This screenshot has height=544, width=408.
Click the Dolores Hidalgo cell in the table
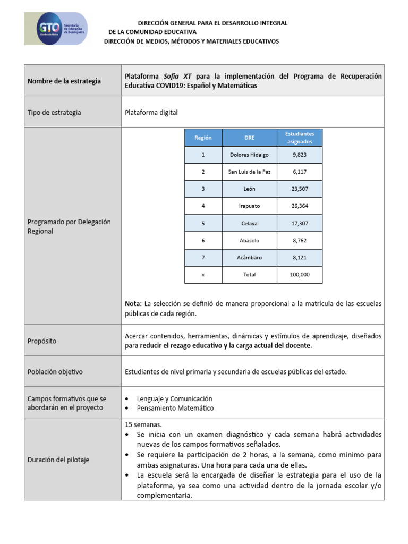(x=249, y=155)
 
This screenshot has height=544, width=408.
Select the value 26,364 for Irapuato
(x=300, y=206)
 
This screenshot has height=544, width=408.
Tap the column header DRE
(x=249, y=138)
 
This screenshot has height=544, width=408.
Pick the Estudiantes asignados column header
(x=300, y=138)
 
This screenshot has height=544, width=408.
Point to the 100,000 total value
(x=300, y=275)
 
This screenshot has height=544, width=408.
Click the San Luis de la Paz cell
(x=249, y=172)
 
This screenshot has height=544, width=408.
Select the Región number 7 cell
(x=203, y=258)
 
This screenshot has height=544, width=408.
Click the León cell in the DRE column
(x=249, y=189)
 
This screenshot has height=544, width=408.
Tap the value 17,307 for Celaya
(x=300, y=224)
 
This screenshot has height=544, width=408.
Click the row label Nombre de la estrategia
(x=64, y=81)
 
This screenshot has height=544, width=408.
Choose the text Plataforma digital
(x=151, y=112)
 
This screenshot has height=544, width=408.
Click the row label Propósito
(x=42, y=341)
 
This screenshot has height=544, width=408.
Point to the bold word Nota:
(x=133, y=303)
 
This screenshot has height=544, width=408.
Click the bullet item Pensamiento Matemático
(x=175, y=408)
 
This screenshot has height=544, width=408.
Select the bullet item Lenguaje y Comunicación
(x=174, y=398)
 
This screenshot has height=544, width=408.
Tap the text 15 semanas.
(x=143, y=425)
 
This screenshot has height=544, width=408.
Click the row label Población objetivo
(x=55, y=372)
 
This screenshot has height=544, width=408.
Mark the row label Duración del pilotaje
(x=58, y=460)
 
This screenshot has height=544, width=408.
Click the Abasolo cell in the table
(x=249, y=241)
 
